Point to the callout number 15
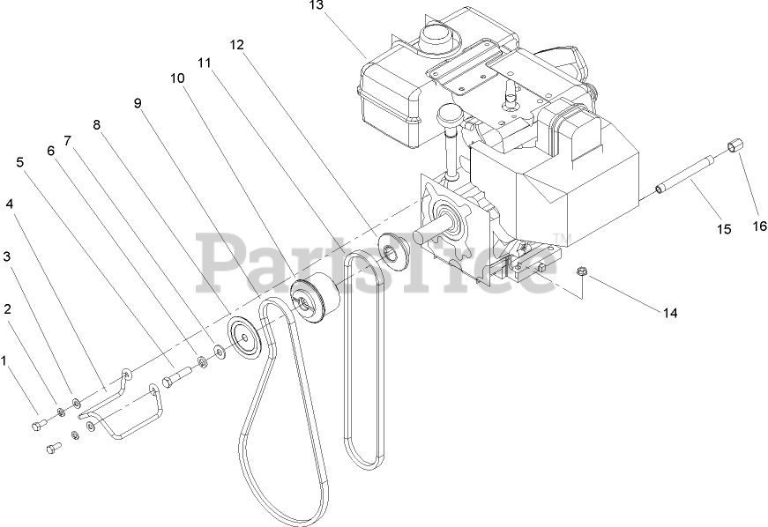point(723,229)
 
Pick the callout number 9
point(138,103)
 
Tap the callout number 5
point(20,162)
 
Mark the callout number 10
point(177,78)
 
